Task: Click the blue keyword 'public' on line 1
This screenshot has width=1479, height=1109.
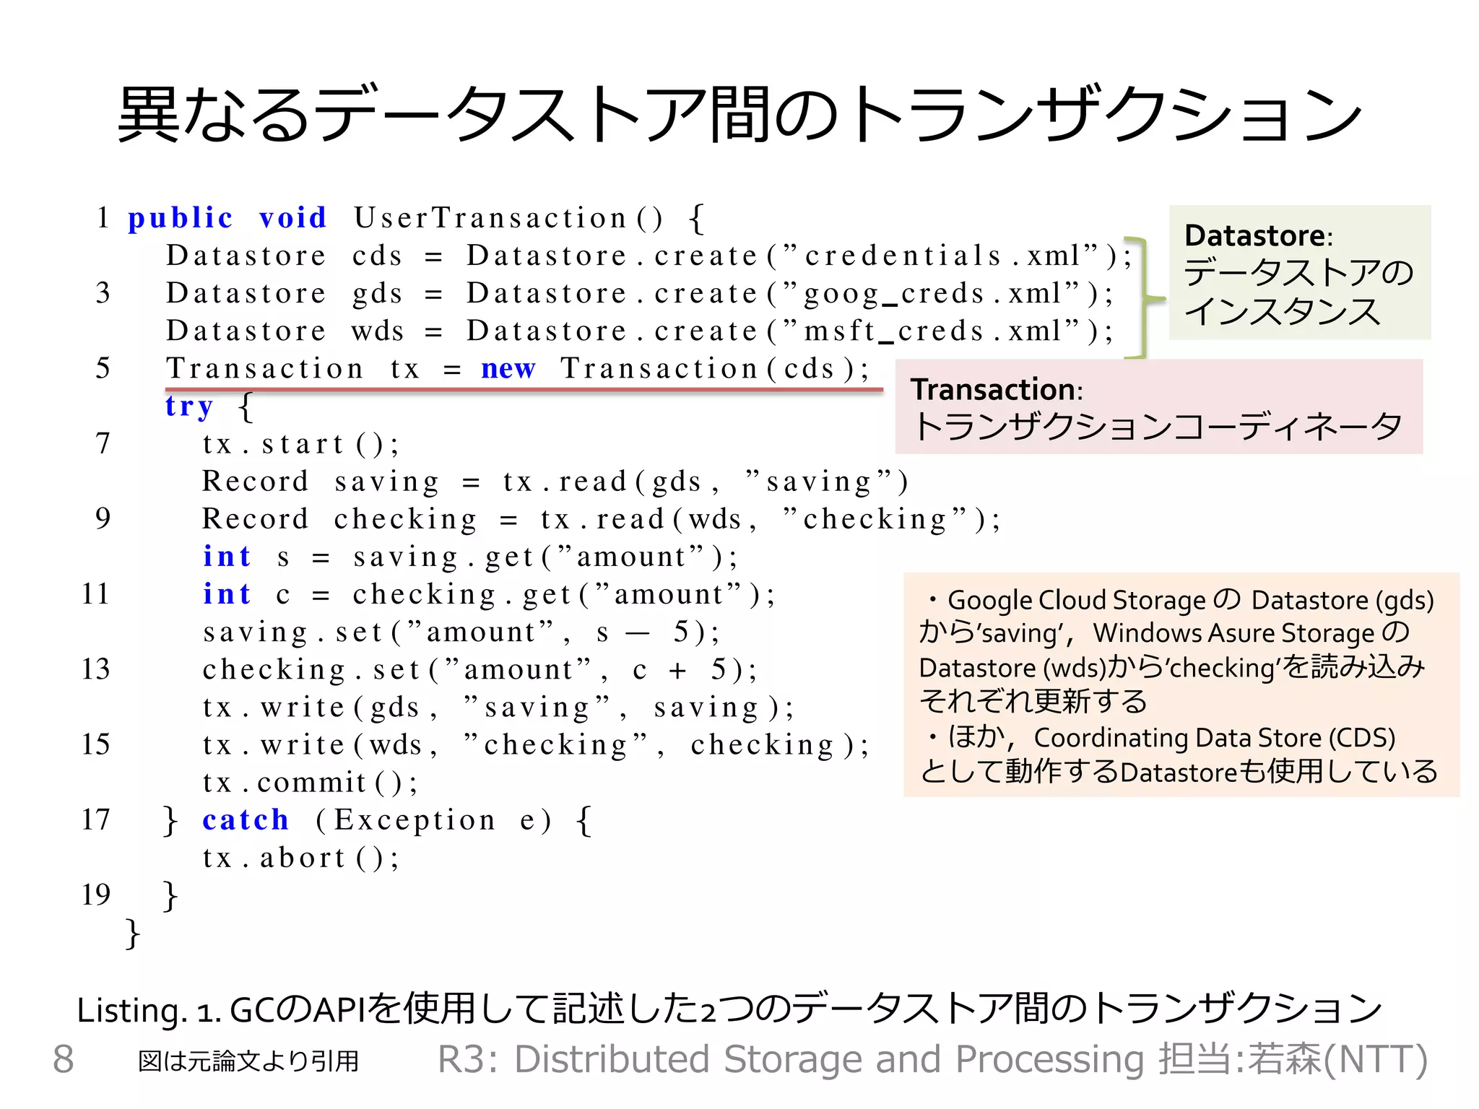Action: point(181,218)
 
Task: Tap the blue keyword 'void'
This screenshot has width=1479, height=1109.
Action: point(293,218)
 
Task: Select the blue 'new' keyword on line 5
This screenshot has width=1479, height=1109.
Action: point(508,368)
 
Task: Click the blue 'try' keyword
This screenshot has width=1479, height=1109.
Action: point(189,406)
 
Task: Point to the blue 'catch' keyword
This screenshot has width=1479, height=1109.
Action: point(246,819)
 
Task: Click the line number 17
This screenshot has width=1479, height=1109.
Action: point(95,819)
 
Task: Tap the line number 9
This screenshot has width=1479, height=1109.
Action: point(103,518)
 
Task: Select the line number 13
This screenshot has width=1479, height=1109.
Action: point(95,669)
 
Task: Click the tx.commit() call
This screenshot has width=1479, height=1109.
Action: point(310,782)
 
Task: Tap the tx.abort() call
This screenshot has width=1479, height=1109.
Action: point(300,858)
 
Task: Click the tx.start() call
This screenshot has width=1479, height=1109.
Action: point(300,443)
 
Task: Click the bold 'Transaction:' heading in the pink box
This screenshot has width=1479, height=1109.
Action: point(997,390)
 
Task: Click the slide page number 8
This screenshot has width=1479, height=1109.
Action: point(64,1059)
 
